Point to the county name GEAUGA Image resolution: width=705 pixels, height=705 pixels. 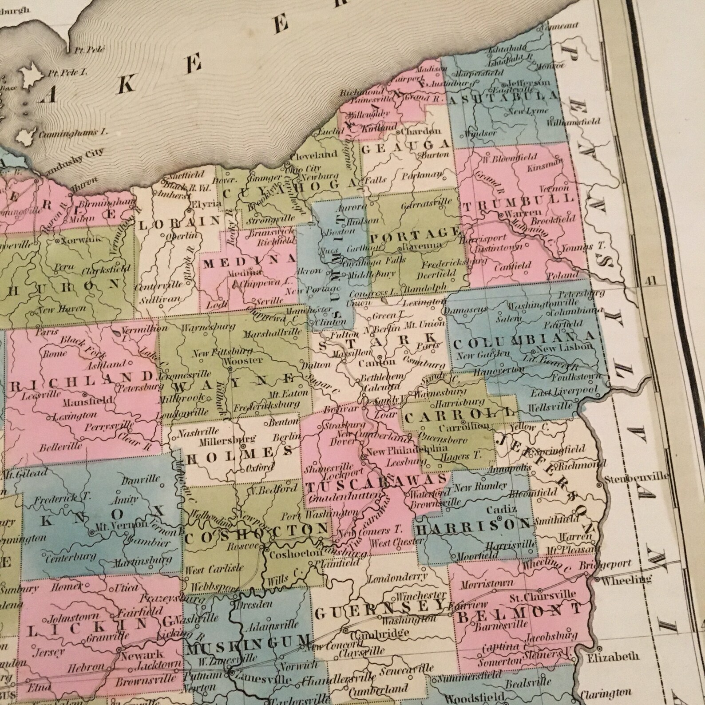click(405, 146)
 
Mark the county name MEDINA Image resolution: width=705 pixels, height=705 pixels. click(249, 262)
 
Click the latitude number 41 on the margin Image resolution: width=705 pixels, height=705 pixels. click(651, 280)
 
